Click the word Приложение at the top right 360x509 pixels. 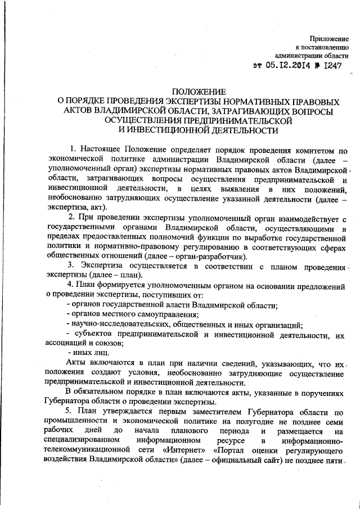tap(329, 38)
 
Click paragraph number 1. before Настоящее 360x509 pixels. tap(73, 149)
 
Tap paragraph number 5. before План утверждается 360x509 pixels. tap(69, 412)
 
